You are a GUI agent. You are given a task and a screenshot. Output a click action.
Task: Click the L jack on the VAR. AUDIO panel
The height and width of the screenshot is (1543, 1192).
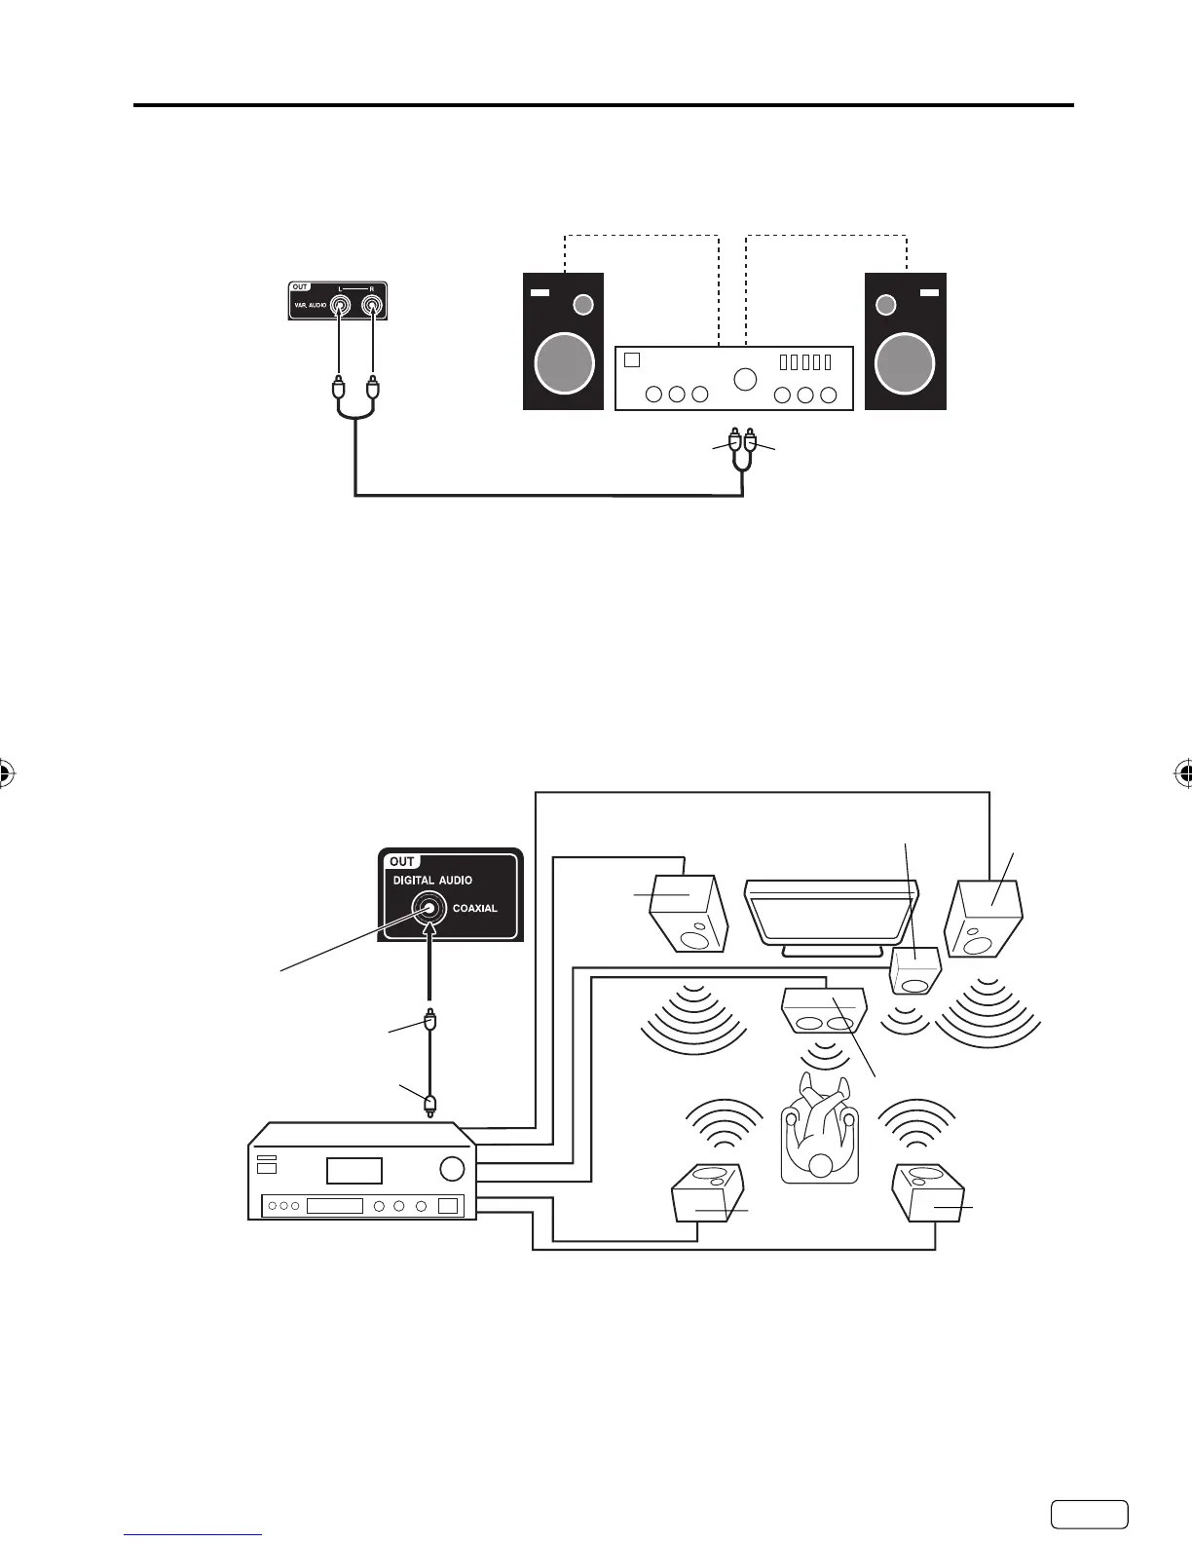(338, 305)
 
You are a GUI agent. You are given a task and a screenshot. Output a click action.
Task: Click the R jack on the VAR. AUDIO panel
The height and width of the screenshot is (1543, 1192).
(371, 305)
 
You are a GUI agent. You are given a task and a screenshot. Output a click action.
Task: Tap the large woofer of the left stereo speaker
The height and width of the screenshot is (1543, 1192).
(565, 363)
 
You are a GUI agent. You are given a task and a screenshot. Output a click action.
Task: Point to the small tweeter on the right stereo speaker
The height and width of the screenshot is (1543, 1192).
(886, 305)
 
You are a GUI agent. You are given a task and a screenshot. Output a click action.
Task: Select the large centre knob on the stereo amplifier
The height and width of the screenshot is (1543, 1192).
(745, 379)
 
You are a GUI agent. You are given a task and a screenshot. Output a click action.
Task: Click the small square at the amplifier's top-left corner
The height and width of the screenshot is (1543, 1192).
(632, 359)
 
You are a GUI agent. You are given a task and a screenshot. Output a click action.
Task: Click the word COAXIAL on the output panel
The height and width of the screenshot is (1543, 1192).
(475, 908)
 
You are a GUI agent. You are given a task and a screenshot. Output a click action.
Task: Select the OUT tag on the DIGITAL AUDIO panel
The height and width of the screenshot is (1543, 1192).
(401, 862)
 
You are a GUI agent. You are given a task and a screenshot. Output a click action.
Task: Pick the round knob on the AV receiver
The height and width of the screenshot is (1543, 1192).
(452, 1168)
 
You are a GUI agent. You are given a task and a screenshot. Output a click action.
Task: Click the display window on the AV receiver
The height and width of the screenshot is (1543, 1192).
(354, 1170)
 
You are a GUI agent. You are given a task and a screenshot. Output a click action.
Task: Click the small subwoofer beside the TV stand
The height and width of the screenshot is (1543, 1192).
(915, 970)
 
